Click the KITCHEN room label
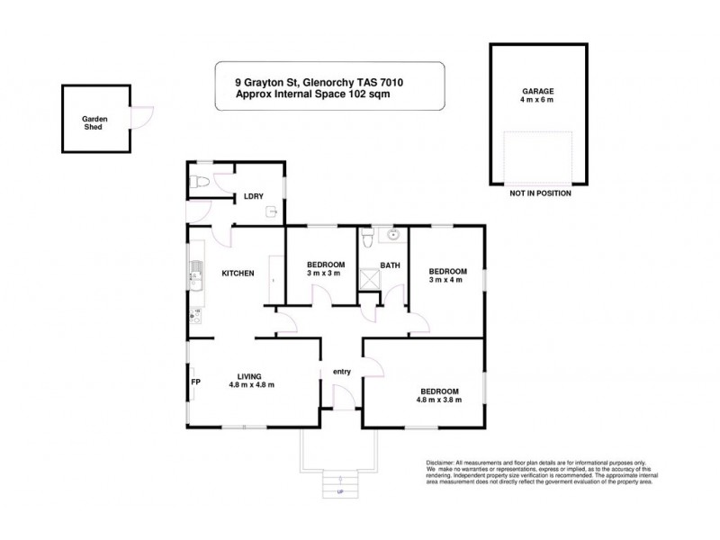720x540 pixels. click(238, 273)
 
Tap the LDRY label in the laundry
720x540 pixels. click(253, 197)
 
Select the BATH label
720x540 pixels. click(390, 265)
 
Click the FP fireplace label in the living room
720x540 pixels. click(194, 382)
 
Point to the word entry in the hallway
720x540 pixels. click(342, 371)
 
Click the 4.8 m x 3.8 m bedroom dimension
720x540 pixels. click(440, 400)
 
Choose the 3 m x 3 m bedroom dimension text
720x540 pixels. click(321, 274)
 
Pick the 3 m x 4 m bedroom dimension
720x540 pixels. click(447, 280)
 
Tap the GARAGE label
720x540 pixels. click(537, 92)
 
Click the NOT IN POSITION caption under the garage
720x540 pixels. click(540, 193)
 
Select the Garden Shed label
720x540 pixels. click(93, 123)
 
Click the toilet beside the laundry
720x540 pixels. click(200, 183)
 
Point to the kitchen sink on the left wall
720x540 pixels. click(193, 271)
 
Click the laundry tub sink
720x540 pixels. click(271, 212)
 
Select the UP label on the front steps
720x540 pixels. click(340, 492)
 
